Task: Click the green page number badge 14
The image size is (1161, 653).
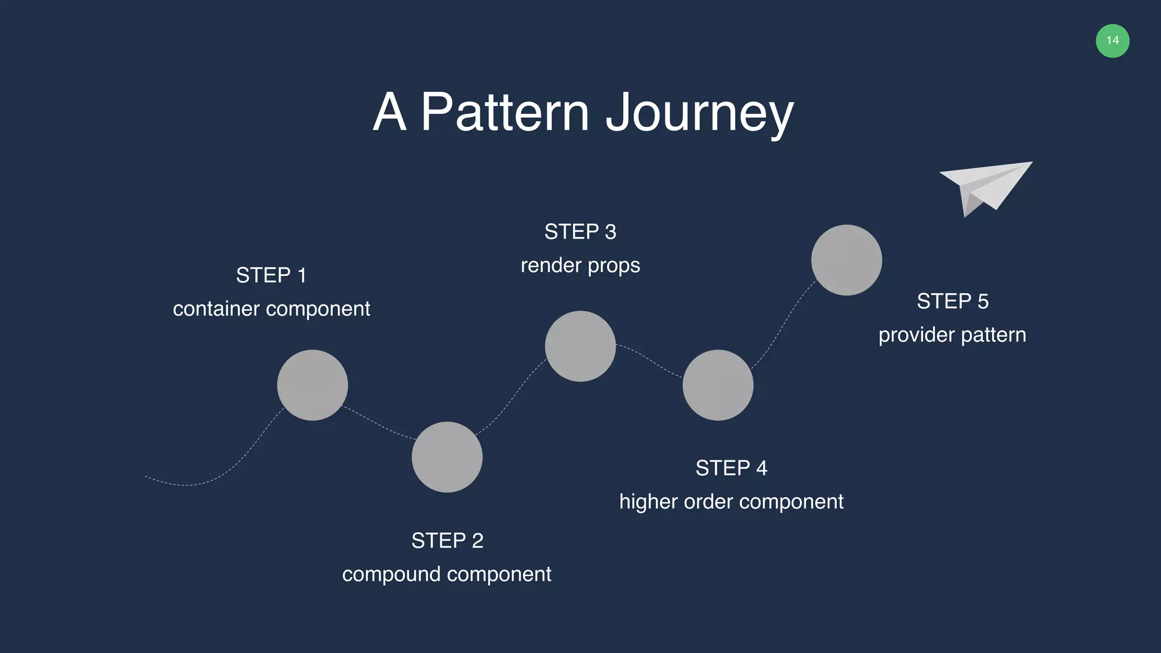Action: (x=1112, y=41)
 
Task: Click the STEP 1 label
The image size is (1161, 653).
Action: (x=271, y=275)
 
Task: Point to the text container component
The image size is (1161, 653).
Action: (x=271, y=309)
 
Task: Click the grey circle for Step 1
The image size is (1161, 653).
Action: (x=312, y=385)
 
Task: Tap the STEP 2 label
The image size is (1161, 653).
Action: (x=447, y=541)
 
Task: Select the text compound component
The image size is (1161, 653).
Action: (x=447, y=574)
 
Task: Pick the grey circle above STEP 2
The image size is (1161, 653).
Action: (x=447, y=457)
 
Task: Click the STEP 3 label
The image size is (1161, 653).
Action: (x=580, y=232)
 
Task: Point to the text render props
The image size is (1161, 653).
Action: (x=580, y=265)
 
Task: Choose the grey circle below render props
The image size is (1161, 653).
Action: (x=580, y=346)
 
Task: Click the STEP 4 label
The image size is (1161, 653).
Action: (x=731, y=468)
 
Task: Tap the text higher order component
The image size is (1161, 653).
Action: (x=731, y=502)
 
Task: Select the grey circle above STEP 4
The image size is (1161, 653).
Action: (x=718, y=385)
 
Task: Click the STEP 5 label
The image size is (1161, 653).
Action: (x=952, y=302)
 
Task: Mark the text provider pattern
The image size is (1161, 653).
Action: (x=952, y=335)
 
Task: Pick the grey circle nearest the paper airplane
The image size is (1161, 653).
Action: (x=846, y=260)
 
